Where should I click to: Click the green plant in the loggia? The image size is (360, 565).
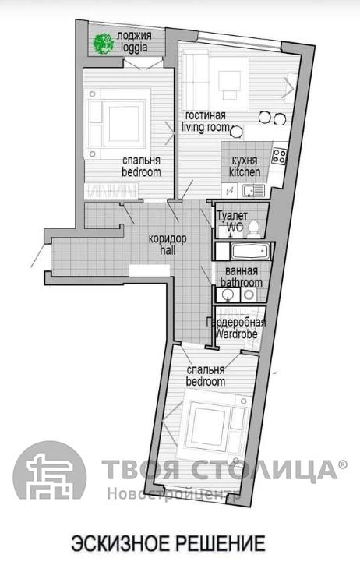pyautogui.click(x=104, y=44)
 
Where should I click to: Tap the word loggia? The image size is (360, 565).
pyautogui.click(x=134, y=48)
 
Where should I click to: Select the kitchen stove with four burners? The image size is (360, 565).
pyautogui.click(x=279, y=156)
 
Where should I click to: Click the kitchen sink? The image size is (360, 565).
pyautogui.click(x=253, y=190)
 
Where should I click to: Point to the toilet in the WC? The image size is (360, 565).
pyautogui.click(x=254, y=229)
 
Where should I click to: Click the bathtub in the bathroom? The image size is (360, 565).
pyautogui.click(x=250, y=251)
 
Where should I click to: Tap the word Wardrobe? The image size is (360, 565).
pyautogui.click(x=236, y=334)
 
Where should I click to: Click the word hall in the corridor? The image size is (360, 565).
pyautogui.click(x=168, y=250)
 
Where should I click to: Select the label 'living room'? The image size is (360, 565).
pyautogui.click(x=206, y=127)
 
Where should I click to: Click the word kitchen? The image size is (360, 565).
pyautogui.click(x=245, y=172)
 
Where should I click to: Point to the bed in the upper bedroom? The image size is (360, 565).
pyautogui.click(x=117, y=123)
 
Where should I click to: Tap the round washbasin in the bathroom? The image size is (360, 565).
pyautogui.click(x=227, y=295)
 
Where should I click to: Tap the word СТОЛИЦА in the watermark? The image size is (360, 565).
pyautogui.click(x=263, y=470)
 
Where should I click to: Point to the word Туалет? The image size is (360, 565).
pyautogui.click(x=232, y=216)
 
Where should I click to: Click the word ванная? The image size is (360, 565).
pyautogui.click(x=241, y=271)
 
